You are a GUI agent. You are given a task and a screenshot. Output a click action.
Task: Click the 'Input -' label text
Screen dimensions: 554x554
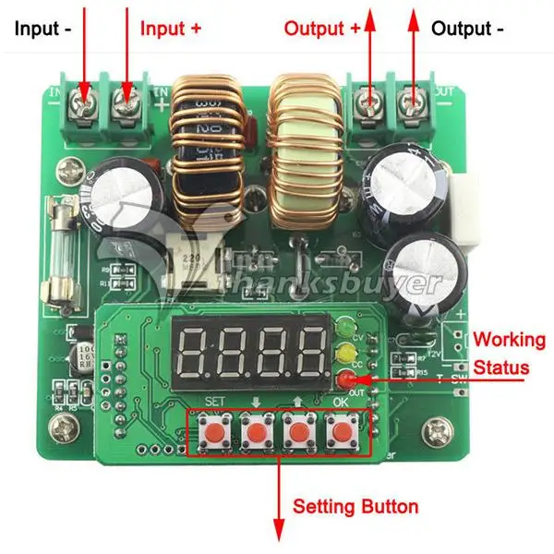(x=41, y=29)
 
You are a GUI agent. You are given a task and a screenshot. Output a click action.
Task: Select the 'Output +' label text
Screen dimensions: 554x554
(x=321, y=29)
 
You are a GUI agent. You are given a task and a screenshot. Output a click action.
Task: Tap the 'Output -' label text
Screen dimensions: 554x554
(x=467, y=29)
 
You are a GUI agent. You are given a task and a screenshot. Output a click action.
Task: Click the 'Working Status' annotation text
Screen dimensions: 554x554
(x=500, y=352)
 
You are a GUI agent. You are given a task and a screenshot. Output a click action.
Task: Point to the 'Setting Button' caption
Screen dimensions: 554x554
(x=355, y=507)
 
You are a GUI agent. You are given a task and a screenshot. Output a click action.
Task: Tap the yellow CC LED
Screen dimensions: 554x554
(x=347, y=352)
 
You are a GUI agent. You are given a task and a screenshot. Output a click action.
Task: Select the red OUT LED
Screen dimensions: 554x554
(x=346, y=378)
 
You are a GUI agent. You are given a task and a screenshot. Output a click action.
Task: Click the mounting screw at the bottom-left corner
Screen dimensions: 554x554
(x=65, y=427)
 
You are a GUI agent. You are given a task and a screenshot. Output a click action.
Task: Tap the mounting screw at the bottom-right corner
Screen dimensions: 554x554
(x=435, y=431)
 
